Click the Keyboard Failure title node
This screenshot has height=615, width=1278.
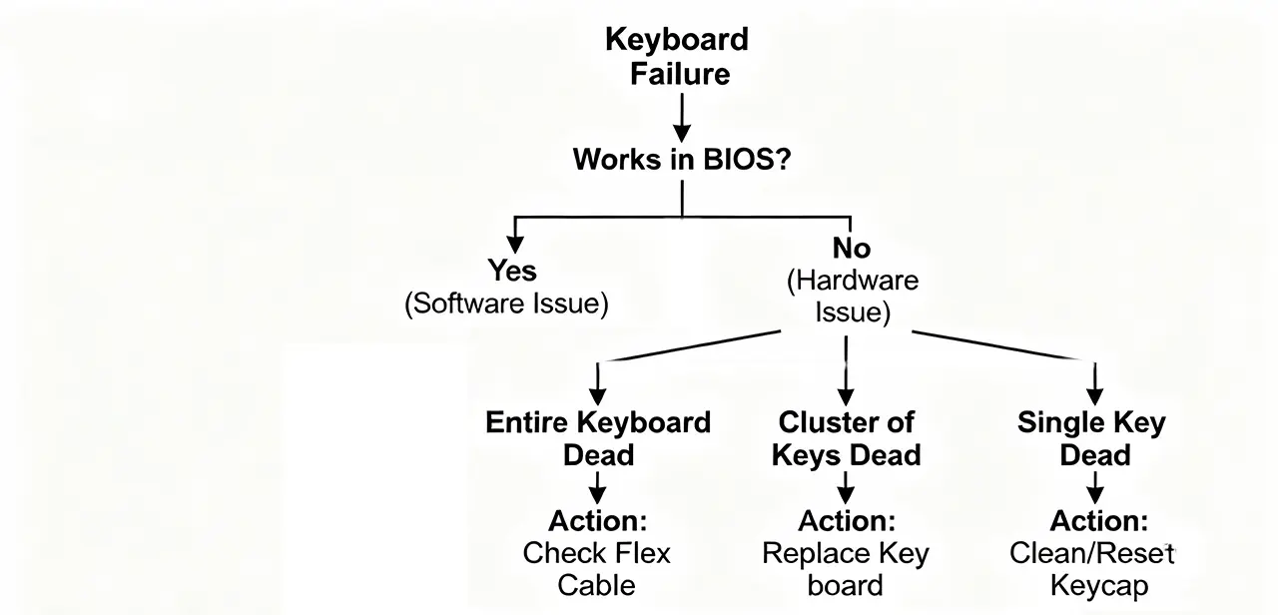coord(677,57)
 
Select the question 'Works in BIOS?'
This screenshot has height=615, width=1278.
coord(682,159)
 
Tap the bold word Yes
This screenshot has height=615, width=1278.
coord(512,270)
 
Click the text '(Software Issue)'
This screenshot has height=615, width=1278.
coord(506,304)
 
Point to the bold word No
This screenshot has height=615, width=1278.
coord(851,248)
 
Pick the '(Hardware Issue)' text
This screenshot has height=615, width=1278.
coord(852,297)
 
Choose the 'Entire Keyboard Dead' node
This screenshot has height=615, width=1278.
coord(598,438)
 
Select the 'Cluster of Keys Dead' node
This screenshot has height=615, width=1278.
coord(846,438)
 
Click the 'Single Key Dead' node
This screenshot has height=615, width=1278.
coord(1092,438)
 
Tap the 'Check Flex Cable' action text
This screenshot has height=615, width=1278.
coord(598,568)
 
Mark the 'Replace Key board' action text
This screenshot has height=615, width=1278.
coord(846,568)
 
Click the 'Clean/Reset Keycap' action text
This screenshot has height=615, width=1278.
coord(1092,568)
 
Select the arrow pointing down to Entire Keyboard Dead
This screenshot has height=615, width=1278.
coord(597,382)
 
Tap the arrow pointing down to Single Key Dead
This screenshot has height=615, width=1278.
coord(1094,382)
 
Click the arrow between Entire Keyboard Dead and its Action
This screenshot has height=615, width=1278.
coord(597,488)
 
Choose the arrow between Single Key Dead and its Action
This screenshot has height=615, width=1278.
coord(1094,488)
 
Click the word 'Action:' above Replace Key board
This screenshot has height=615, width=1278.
coord(846,520)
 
